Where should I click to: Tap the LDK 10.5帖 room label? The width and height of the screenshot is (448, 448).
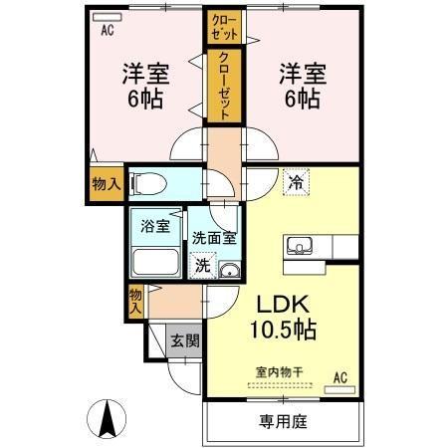282,317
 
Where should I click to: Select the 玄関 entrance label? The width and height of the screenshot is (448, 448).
183,341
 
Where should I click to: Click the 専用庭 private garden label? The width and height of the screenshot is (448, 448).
284,421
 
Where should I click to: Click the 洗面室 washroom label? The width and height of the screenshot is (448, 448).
213,238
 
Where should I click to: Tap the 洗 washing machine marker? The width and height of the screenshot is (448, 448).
202,266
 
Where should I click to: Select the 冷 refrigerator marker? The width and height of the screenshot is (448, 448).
295,182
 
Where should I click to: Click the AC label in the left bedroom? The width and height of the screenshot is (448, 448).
107,29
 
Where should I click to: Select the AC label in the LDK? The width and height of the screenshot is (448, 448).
340,376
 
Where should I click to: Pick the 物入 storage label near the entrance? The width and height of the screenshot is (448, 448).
134,301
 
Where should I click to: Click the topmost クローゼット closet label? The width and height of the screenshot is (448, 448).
221,26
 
